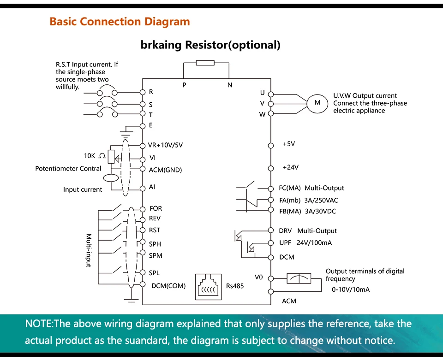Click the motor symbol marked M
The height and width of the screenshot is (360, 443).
pos(317,104)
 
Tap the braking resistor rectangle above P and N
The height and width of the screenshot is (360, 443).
pos(205,63)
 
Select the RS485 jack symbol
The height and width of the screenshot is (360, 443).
pos(208,287)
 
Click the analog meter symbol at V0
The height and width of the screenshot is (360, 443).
pos(299,278)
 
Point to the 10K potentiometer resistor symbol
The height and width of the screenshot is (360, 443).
pos(111,157)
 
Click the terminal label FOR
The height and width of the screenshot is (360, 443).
pos(156,208)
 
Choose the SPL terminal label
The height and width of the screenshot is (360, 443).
pos(154,273)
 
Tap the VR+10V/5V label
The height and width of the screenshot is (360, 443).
pos(165,145)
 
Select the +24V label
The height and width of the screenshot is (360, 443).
pos(291,167)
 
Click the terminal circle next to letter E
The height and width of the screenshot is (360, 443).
pos(143,126)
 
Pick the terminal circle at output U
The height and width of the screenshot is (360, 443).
pos(271,94)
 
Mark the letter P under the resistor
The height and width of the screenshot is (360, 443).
pos(184,85)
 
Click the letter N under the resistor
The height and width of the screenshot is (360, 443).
pos(230,85)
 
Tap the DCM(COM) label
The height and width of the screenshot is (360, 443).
pos(168,286)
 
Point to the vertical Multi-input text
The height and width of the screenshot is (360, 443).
pos(89,250)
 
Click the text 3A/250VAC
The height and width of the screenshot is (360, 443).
pos(321,201)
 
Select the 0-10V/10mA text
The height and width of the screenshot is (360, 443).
pos(351,289)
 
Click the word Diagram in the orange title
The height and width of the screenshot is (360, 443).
pos(167,22)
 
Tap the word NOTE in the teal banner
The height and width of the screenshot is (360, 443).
pos(38,323)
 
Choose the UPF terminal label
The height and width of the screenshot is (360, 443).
pos(285,242)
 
